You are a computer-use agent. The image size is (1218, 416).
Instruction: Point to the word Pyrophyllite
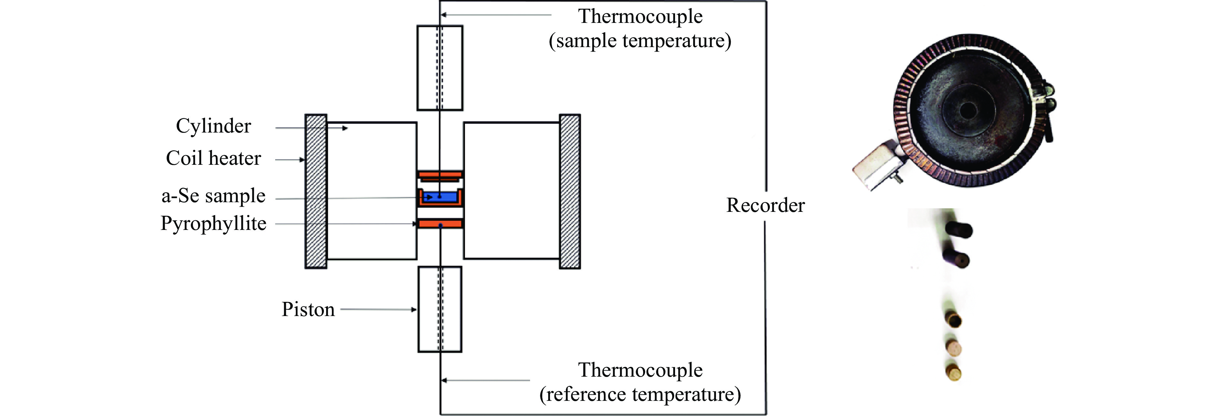coord(213,223)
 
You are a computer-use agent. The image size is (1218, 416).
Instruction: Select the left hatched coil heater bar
coord(316,191)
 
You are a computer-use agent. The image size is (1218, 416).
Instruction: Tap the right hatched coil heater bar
coord(570,191)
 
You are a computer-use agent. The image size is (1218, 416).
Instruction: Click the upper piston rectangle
coord(440,68)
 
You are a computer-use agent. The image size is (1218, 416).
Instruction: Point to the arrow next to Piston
coord(378,310)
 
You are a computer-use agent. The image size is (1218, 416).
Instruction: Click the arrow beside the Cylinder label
coord(312,128)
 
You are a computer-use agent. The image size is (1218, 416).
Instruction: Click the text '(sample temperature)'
coord(640,41)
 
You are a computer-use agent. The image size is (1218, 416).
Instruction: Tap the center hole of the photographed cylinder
coord(968,111)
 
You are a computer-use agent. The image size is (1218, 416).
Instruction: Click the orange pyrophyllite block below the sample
coord(440,223)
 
